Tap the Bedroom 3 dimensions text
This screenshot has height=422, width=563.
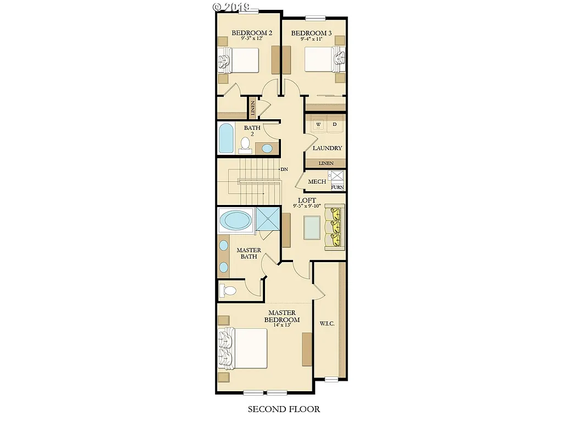click(311, 39)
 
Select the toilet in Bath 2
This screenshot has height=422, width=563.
click(245, 145)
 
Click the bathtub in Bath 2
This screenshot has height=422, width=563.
click(226, 138)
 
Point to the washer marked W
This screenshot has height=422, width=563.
click(318, 125)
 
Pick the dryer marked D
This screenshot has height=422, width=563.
click(334, 125)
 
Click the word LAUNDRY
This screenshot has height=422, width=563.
click(327, 148)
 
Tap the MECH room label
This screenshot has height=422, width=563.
click(317, 182)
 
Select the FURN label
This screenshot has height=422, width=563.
click(337, 187)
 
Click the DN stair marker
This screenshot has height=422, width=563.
click(284, 169)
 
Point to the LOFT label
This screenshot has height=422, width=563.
click(306, 201)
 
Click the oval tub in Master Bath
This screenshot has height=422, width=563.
click(236, 221)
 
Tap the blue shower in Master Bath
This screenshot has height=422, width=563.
click(268, 219)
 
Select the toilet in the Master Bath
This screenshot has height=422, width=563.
click(228, 290)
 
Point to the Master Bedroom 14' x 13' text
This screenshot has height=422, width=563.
click(282, 325)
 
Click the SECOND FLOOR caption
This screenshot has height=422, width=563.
click(284, 409)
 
